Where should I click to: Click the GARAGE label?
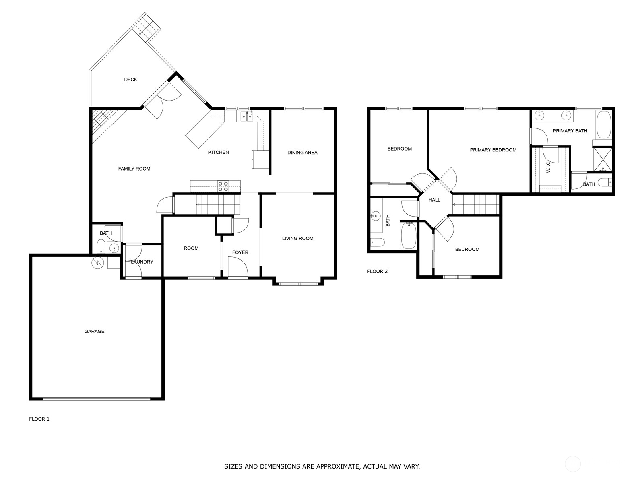pos(94,331)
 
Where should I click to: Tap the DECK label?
pos(130,79)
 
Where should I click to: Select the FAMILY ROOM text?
pos(134,169)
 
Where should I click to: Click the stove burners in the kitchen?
pos(223,186)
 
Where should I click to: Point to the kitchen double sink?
pos(247,117)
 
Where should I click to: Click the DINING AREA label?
pos(302,153)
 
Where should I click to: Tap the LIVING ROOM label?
pos(297,239)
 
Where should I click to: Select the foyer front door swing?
pos(238,266)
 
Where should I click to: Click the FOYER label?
pos(240,252)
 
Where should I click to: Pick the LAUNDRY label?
pos(142,262)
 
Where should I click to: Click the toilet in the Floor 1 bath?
pos(101,246)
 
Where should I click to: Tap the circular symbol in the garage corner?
pos(98,263)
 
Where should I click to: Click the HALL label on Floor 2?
pos(434,200)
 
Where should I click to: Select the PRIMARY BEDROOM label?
pos(493,150)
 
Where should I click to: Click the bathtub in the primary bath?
pos(603,125)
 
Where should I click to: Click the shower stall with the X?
pos(603,159)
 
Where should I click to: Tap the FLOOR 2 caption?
pos(377,272)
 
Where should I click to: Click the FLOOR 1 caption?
pos(39,419)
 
